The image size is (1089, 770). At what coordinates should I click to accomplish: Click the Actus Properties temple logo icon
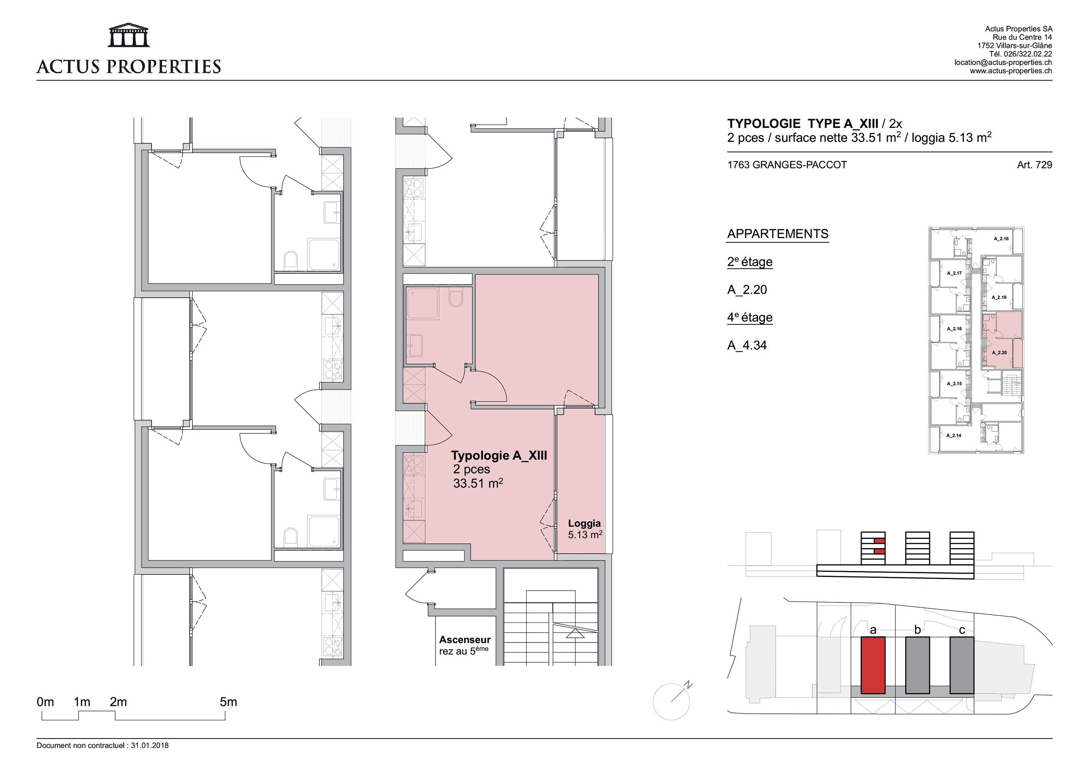(x=129, y=35)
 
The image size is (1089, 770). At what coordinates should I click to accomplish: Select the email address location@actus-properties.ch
(x=1003, y=63)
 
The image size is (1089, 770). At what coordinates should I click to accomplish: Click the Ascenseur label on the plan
(x=465, y=639)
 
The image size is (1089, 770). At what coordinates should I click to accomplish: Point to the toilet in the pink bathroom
(x=455, y=297)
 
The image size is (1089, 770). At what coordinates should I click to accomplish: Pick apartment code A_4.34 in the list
(x=747, y=345)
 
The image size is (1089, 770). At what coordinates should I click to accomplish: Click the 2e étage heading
(x=750, y=262)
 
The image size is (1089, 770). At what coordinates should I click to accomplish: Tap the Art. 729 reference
(x=1035, y=165)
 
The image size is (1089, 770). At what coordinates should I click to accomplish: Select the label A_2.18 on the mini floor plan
(x=1001, y=239)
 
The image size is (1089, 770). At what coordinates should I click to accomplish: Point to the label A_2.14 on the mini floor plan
(x=954, y=435)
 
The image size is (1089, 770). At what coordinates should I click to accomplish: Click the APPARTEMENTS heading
(x=778, y=234)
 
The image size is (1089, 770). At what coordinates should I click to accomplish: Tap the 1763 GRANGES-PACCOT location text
(x=787, y=165)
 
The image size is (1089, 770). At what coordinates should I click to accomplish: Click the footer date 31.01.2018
(x=150, y=745)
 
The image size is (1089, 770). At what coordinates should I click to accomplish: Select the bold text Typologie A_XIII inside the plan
(x=499, y=456)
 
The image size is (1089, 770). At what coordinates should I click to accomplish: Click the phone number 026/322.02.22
(x=1026, y=54)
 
